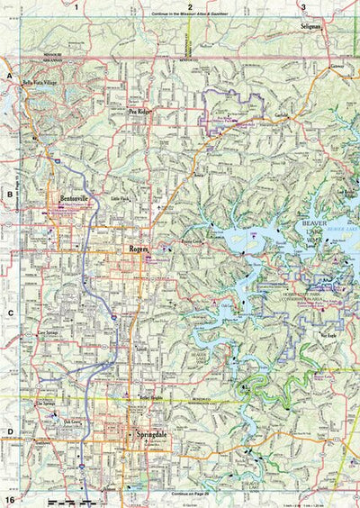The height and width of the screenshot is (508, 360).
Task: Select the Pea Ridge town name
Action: pos(139,112)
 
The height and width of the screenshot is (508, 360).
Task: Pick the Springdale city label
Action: pos(151,435)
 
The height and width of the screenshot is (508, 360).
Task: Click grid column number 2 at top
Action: pos(190,7)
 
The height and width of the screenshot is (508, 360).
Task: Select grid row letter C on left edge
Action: pos(10,314)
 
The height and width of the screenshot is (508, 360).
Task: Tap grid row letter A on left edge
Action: pos(10,78)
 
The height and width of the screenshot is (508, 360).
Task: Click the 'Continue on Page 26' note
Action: pos(190,495)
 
